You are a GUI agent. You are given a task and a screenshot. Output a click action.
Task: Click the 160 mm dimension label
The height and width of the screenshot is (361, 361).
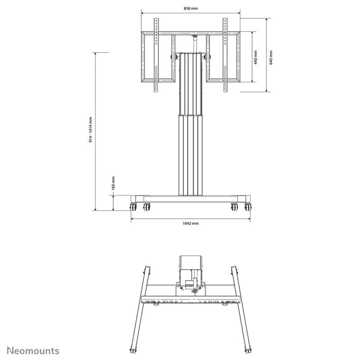coord(113,183)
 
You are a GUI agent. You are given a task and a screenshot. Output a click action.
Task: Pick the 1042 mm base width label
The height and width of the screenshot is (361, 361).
coord(190,223)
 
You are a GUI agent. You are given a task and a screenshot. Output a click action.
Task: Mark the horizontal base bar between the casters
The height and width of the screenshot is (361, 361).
coord(190,199)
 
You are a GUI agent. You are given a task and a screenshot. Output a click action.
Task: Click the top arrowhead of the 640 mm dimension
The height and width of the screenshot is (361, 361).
coord(266,20)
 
